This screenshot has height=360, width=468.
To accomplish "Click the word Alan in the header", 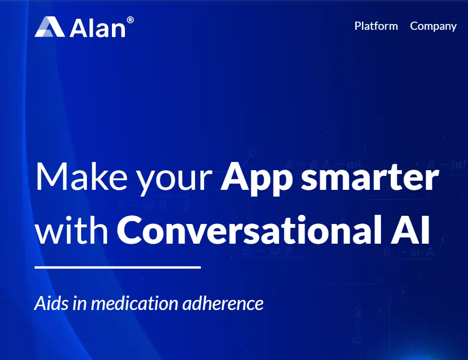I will [x=98, y=28].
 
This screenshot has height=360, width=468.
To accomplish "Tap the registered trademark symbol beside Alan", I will [x=130, y=20].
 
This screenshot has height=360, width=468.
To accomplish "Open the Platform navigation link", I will [x=376, y=26].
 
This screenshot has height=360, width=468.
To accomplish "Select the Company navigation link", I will [x=433, y=26].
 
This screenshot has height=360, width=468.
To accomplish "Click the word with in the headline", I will [x=72, y=231].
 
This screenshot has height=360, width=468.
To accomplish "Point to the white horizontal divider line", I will [x=118, y=267].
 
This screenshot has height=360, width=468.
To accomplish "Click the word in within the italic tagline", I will [x=81, y=303].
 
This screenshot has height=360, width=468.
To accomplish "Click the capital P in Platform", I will [x=358, y=26].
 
